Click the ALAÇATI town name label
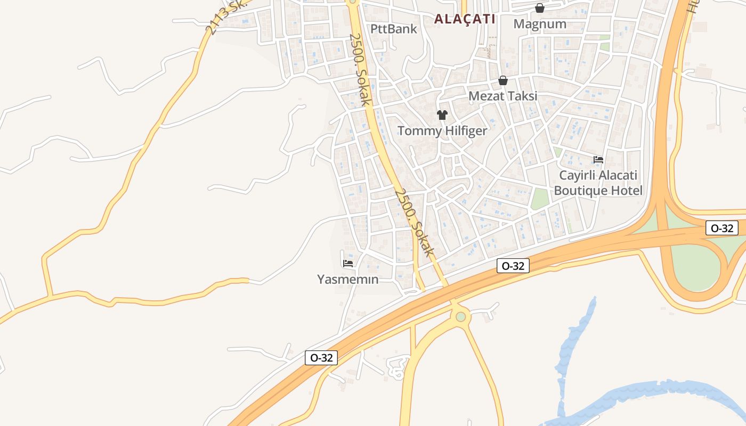465,19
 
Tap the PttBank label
393,29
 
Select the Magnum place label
540,24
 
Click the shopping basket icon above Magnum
540,8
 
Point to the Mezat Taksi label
502,96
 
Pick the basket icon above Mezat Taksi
502,80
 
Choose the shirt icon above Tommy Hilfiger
442,114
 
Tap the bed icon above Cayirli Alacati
598,160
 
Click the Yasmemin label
348,279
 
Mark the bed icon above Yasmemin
348,263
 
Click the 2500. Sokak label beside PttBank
359,70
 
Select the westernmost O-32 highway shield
321,358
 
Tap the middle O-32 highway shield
513,266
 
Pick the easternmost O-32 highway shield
721,228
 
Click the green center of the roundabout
461,317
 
